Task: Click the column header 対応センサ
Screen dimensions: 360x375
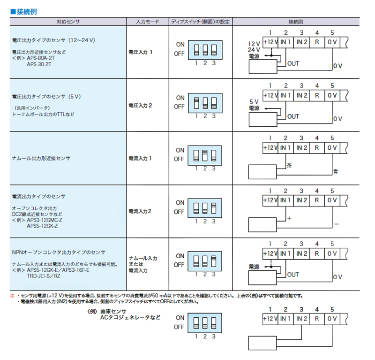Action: tap(68, 22)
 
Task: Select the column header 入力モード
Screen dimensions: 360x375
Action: tap(147, 22)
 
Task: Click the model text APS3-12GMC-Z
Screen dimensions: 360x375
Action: tap(45, 220)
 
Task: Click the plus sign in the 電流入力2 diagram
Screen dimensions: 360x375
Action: tap(289, 218)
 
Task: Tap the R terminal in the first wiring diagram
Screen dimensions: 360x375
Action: tap(317, 42)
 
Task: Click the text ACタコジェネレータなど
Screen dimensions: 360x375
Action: tap(130, 318)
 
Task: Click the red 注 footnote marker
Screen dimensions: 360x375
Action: tap(12, 296)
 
